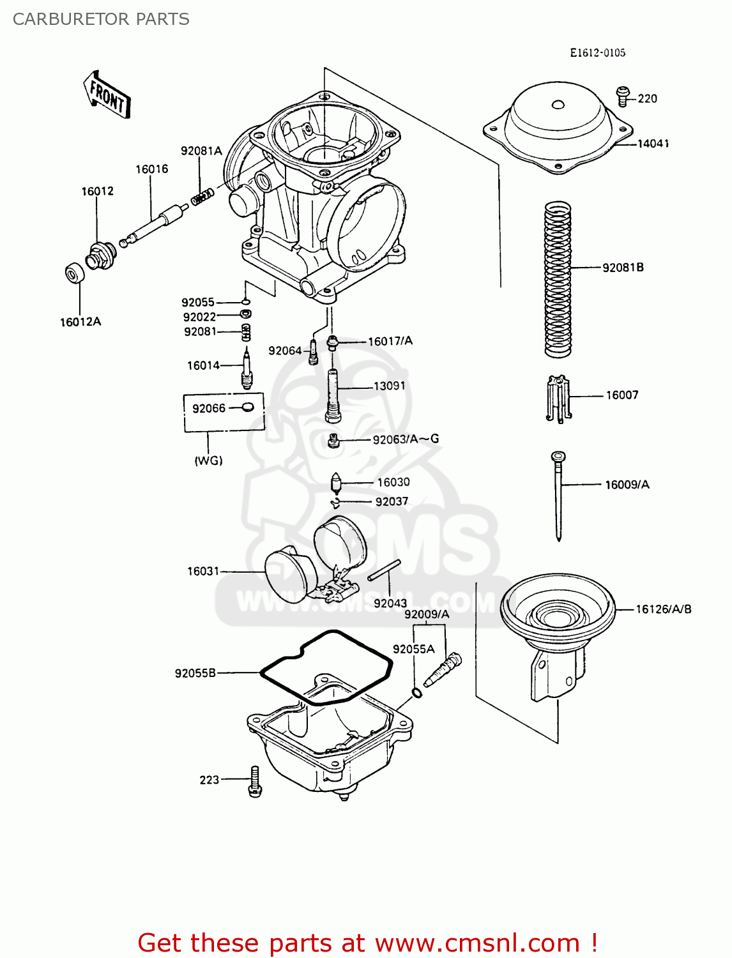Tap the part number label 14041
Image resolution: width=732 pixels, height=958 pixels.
coord(653,144)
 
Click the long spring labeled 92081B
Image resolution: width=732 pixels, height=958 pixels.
coord(557,279)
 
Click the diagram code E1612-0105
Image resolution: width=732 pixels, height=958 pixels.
coord(597,53)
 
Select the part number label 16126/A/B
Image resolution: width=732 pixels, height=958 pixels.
coord(663,609)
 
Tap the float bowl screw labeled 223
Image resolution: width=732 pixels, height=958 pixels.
coord(255,781)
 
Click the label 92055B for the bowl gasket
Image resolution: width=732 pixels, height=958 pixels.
coord(195,673)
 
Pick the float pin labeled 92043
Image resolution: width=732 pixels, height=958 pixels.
coord(384,570)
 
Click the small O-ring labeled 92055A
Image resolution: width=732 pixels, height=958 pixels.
coord(416,694)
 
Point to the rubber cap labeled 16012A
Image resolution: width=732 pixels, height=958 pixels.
coord(75,273)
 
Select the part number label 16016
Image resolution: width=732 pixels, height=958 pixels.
coord(151,169)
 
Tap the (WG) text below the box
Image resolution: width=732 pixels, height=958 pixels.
coord(208,460)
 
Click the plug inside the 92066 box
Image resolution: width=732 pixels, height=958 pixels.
coord(248,407)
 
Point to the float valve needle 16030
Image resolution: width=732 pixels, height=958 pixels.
coord(337,482)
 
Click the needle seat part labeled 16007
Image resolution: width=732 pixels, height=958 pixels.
coord(558,399)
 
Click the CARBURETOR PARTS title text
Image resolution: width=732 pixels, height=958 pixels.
coord(101,19)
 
